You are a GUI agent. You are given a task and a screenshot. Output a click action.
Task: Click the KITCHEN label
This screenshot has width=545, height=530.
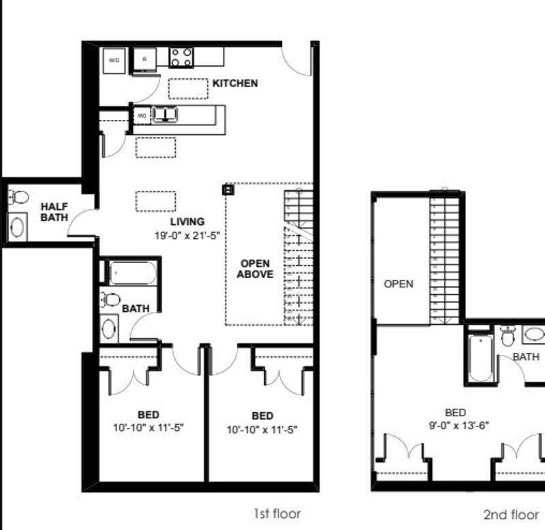pyautogui.click(x=235, y=83)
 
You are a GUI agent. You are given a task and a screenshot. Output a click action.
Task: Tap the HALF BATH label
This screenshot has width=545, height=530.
pyautogui.click(x=53, y=212)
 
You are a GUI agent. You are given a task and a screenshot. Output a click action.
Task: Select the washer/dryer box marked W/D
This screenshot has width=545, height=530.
pyautogui.click(x=113, y=60)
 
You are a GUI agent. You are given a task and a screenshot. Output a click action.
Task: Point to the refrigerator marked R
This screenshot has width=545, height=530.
pyautogui.click(x=144, y=60)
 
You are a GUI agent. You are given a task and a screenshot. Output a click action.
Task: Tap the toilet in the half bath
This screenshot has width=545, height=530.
pyautogui.click(x=19, y=198)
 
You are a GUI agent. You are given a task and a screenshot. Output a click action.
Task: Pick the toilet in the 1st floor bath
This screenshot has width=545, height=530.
pyautogui.click(x=110, y=300)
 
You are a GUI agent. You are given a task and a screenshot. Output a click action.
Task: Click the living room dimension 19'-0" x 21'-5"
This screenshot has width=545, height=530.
pyautogui.click(x=187, y=235)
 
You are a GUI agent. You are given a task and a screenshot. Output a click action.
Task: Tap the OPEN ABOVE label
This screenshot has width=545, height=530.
pyautogui.click(x=255, y=269)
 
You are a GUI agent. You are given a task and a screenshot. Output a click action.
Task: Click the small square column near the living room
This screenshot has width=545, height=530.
pyautogui.click(x=228, y=189)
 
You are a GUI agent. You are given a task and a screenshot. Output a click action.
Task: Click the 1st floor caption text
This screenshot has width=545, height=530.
pyautogui.click(x=277, y=514)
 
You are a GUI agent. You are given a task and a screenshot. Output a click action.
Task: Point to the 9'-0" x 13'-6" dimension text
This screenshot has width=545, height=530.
pyautogui.click(x=455, y=425)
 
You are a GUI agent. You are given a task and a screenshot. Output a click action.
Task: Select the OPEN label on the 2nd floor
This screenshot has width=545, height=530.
pyautogui.click(x=399, y=283)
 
